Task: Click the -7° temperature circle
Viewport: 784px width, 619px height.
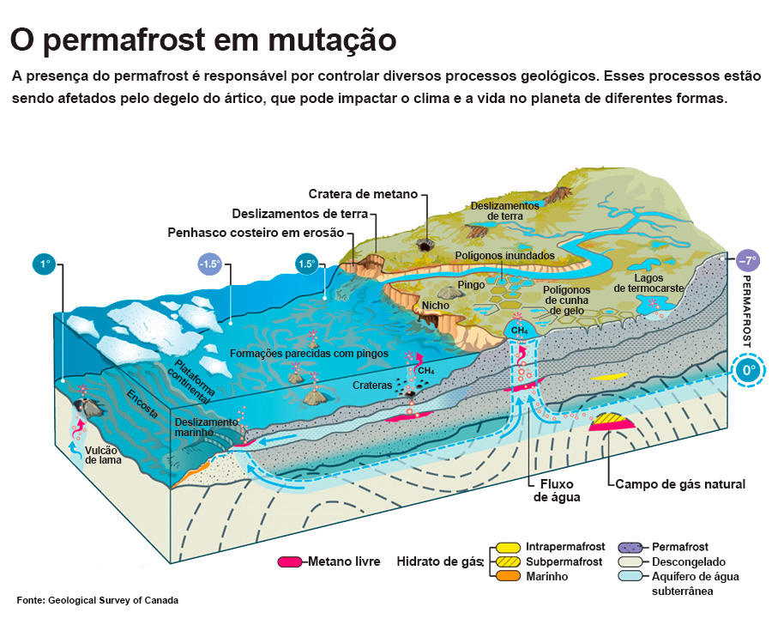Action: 749,260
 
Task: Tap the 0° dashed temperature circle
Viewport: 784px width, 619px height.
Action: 748,371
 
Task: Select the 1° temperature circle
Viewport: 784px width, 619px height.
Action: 45,264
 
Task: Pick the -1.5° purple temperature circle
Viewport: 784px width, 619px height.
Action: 210,264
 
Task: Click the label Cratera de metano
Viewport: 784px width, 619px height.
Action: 363,194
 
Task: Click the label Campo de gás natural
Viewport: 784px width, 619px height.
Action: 680,484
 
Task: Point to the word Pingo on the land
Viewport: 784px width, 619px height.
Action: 472,284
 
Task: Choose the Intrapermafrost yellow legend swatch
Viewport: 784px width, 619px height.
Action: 508,547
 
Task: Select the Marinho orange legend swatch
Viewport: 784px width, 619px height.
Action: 508,576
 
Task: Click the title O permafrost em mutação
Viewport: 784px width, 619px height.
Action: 203,40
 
